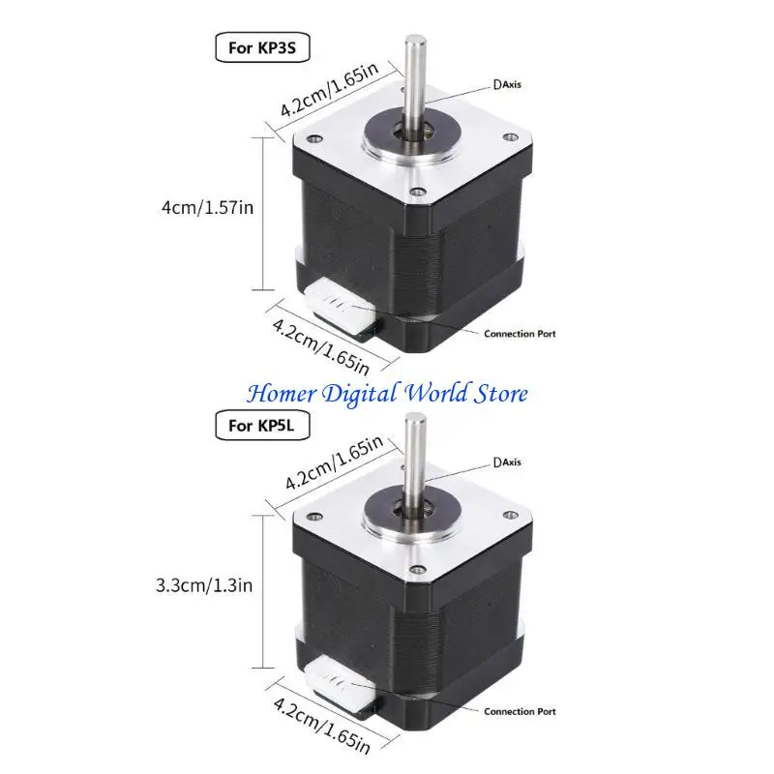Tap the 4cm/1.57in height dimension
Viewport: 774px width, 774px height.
pos(210,207)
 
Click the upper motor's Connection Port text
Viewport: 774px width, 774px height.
pos(519,333)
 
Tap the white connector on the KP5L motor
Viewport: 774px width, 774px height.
pos(339,686)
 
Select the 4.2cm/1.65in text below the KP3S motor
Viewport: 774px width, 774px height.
pos(319,340)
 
